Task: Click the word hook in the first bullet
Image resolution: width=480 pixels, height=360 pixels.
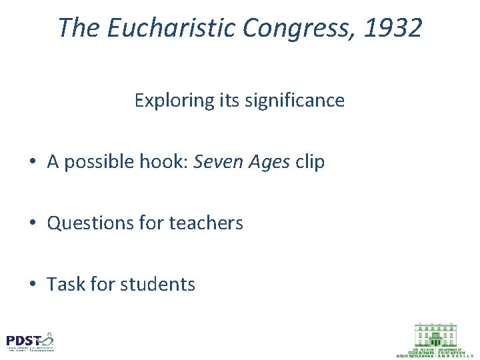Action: click(x=162, y=162)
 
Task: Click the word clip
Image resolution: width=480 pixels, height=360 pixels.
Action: click(x=309, y=162)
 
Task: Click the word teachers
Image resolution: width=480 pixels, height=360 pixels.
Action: click(x=207, y=223)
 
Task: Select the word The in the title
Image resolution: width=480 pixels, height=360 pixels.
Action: click(x=77, y=28)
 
